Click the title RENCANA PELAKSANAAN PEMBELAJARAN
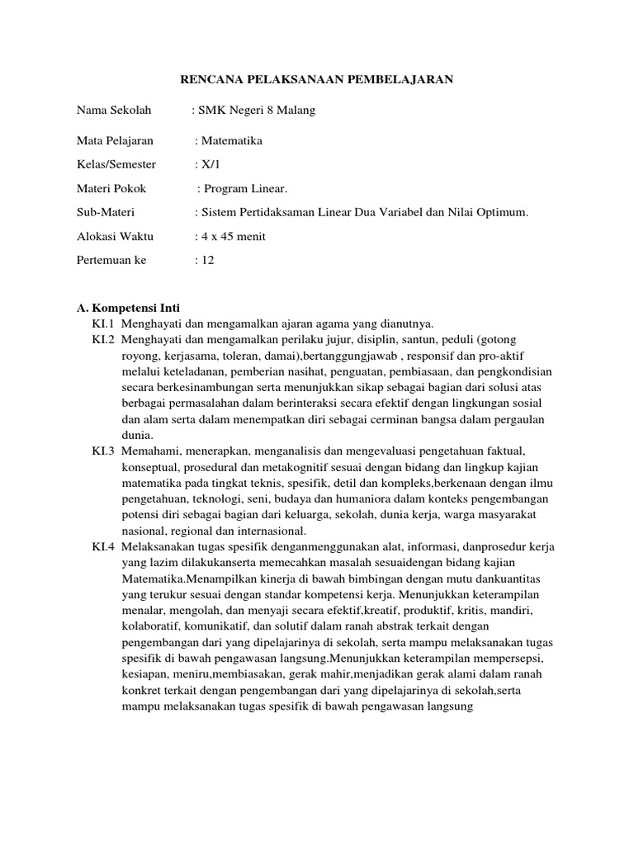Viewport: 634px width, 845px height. [x=317, y=79]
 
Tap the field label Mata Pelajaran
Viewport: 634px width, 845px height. [x=116, y=141]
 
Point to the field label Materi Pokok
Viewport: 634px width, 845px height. [x=111, y=189]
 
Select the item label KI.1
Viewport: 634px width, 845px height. [x=103, y=323]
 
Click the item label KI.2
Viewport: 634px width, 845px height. [x=103, y=339]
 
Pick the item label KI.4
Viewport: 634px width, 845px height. [x=103, y=547]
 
